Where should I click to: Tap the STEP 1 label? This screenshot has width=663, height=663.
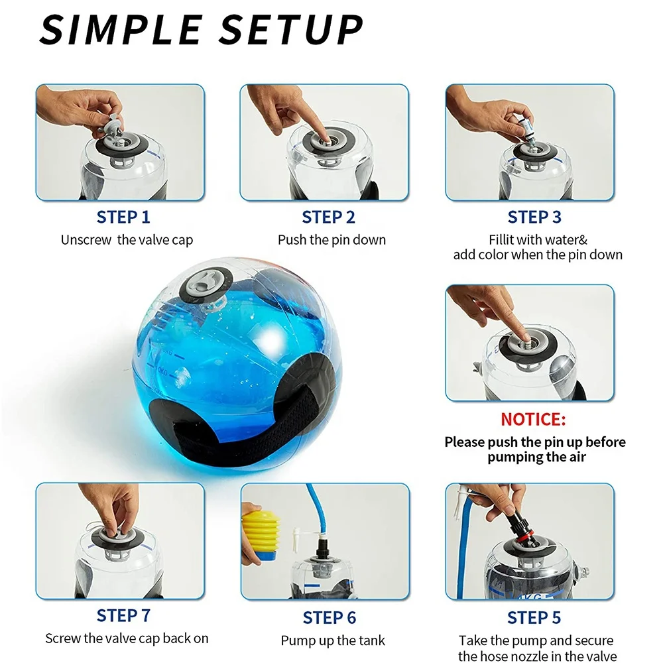tap(123, 217)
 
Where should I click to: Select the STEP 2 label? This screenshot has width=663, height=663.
tap(328, 217)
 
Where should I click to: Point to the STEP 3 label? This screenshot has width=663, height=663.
tap(534, 217)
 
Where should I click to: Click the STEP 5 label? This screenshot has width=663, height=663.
tap(534, 618)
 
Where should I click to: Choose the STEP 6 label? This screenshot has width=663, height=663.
tap(329, 618)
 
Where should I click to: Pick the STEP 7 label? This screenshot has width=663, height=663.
tap(123, 616)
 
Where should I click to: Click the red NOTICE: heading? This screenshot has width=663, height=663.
tap(533, 420)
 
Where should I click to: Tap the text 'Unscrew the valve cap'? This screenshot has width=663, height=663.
tap(127, 241)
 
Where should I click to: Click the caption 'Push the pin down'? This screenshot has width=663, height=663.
tap(331, 240)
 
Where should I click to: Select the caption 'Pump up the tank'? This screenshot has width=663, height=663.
tap(333, 641)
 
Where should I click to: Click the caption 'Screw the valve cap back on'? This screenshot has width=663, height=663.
tap(127, 639)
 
